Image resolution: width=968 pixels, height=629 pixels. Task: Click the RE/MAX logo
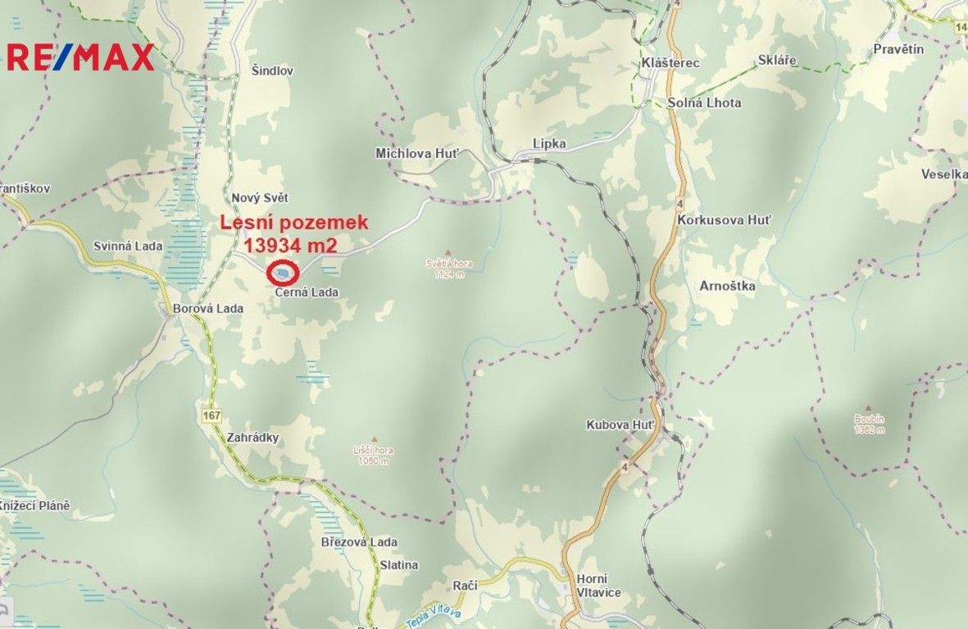point(80,57)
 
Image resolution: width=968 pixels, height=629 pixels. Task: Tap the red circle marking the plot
point(283,272)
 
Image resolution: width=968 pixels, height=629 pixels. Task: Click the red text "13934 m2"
point(291,243)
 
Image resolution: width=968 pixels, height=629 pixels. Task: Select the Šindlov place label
point(273,71)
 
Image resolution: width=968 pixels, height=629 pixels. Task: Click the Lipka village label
point(549,143)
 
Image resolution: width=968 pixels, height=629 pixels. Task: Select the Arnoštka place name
point(727,287)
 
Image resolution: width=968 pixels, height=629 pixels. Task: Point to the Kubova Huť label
point(620,425)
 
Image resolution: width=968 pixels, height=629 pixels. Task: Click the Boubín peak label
point(869,419)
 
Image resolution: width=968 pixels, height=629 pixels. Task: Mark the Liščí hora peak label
point(375,450)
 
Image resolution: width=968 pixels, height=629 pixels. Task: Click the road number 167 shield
point(211,416)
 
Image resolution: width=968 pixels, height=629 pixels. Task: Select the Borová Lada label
point(208,309)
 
